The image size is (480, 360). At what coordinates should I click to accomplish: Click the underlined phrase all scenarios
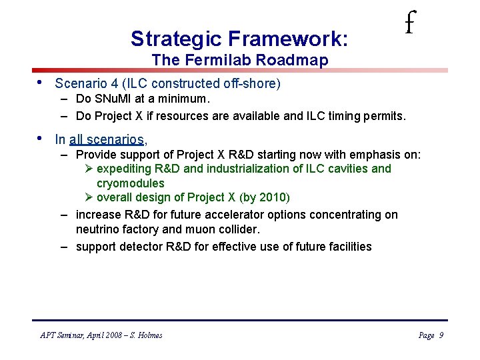(x=107, y=139)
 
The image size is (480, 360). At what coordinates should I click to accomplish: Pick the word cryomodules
(x=131, y=183)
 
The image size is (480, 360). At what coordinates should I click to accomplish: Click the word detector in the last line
(x=143, y=247)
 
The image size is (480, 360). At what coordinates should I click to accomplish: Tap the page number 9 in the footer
(x=441, y=335)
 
